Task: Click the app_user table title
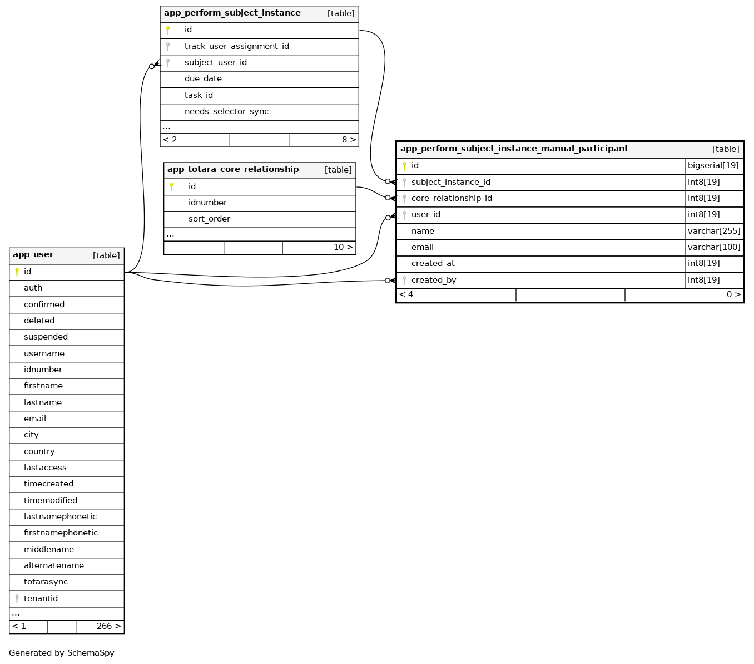tap(33, 255)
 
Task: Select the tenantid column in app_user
tap(41, 598)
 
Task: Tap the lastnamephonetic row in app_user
tap(60, 517)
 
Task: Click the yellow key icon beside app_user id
tap(17, 272)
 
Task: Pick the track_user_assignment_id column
tap(237, 46)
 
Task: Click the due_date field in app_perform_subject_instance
tap(203, 78)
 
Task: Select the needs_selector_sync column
tap(227, 111)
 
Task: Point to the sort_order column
tap(209, 219)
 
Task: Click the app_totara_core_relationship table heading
tap(233, 170)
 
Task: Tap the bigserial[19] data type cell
tap(713, 165)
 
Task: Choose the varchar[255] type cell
tap(714, 231)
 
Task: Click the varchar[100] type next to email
tap(714, 247)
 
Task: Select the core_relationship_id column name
tap(452, 198)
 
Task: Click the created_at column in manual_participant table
tap(433, 263)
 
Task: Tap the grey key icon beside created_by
tap(404, 281)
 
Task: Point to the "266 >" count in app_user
tap(108, 626)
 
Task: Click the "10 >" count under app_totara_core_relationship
tap(343, 248)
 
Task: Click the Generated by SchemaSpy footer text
tap(62, 653)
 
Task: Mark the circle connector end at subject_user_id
tap(151, 67)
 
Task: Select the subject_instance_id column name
tap(451, 182)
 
